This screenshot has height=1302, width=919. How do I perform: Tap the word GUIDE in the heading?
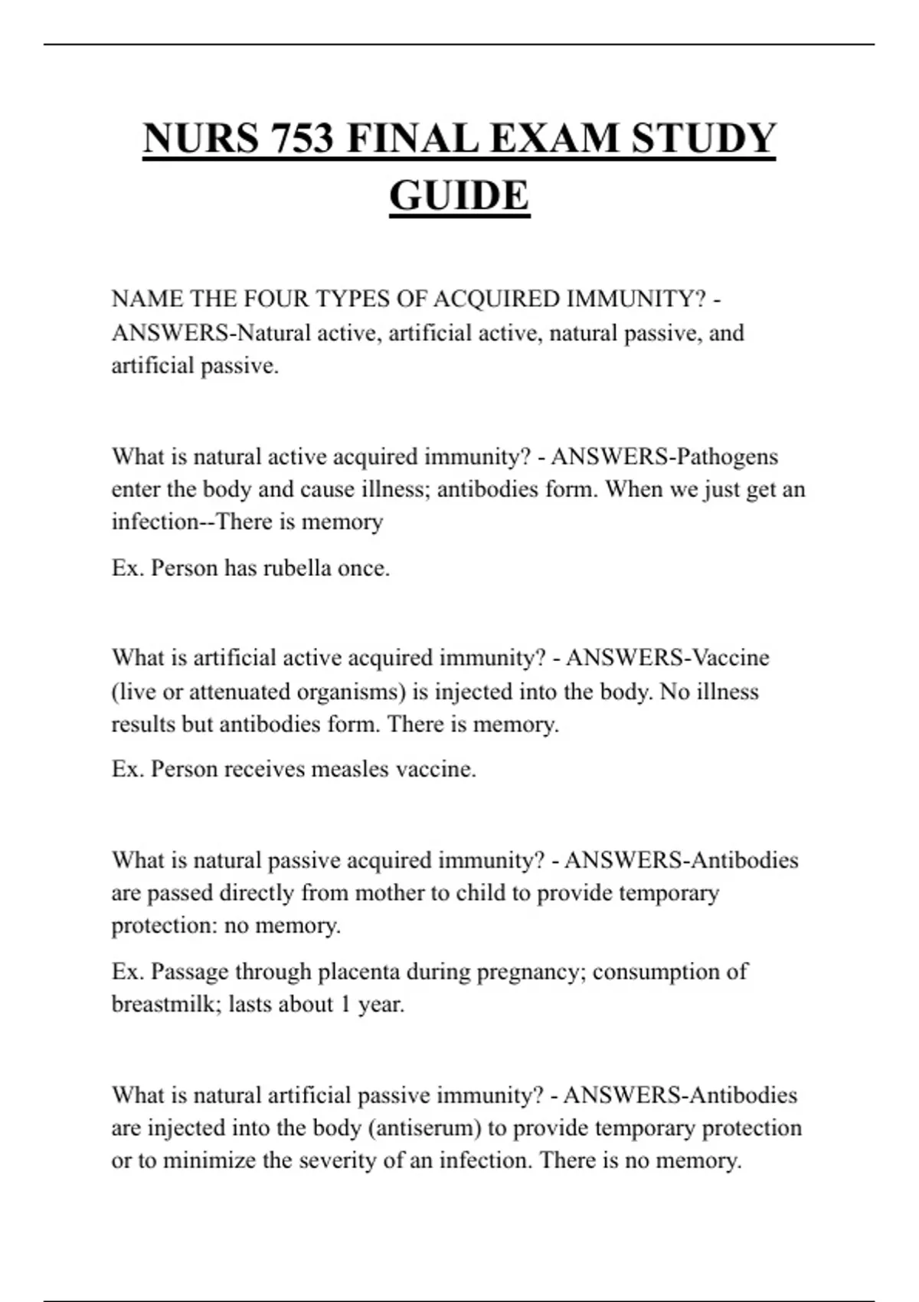(459, 195)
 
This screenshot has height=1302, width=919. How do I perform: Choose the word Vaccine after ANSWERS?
(731, 658)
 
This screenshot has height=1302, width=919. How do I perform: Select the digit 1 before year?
(345, 1004)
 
